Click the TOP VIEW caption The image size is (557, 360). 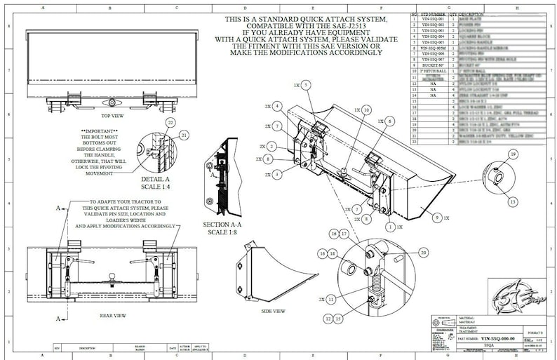(x=114, y=116)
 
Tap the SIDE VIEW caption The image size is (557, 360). (x=273, y=310)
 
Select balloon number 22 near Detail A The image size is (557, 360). (x=169, y=121)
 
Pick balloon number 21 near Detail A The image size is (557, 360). (x=184, y=134)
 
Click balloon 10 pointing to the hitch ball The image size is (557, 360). (x=367, y=110)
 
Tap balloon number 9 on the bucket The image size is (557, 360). (x=438, y=218)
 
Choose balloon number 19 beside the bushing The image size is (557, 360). (x=513, y=154)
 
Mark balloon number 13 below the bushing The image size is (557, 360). (x=513, y=201)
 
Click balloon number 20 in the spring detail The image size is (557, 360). (x=423, y=251)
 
